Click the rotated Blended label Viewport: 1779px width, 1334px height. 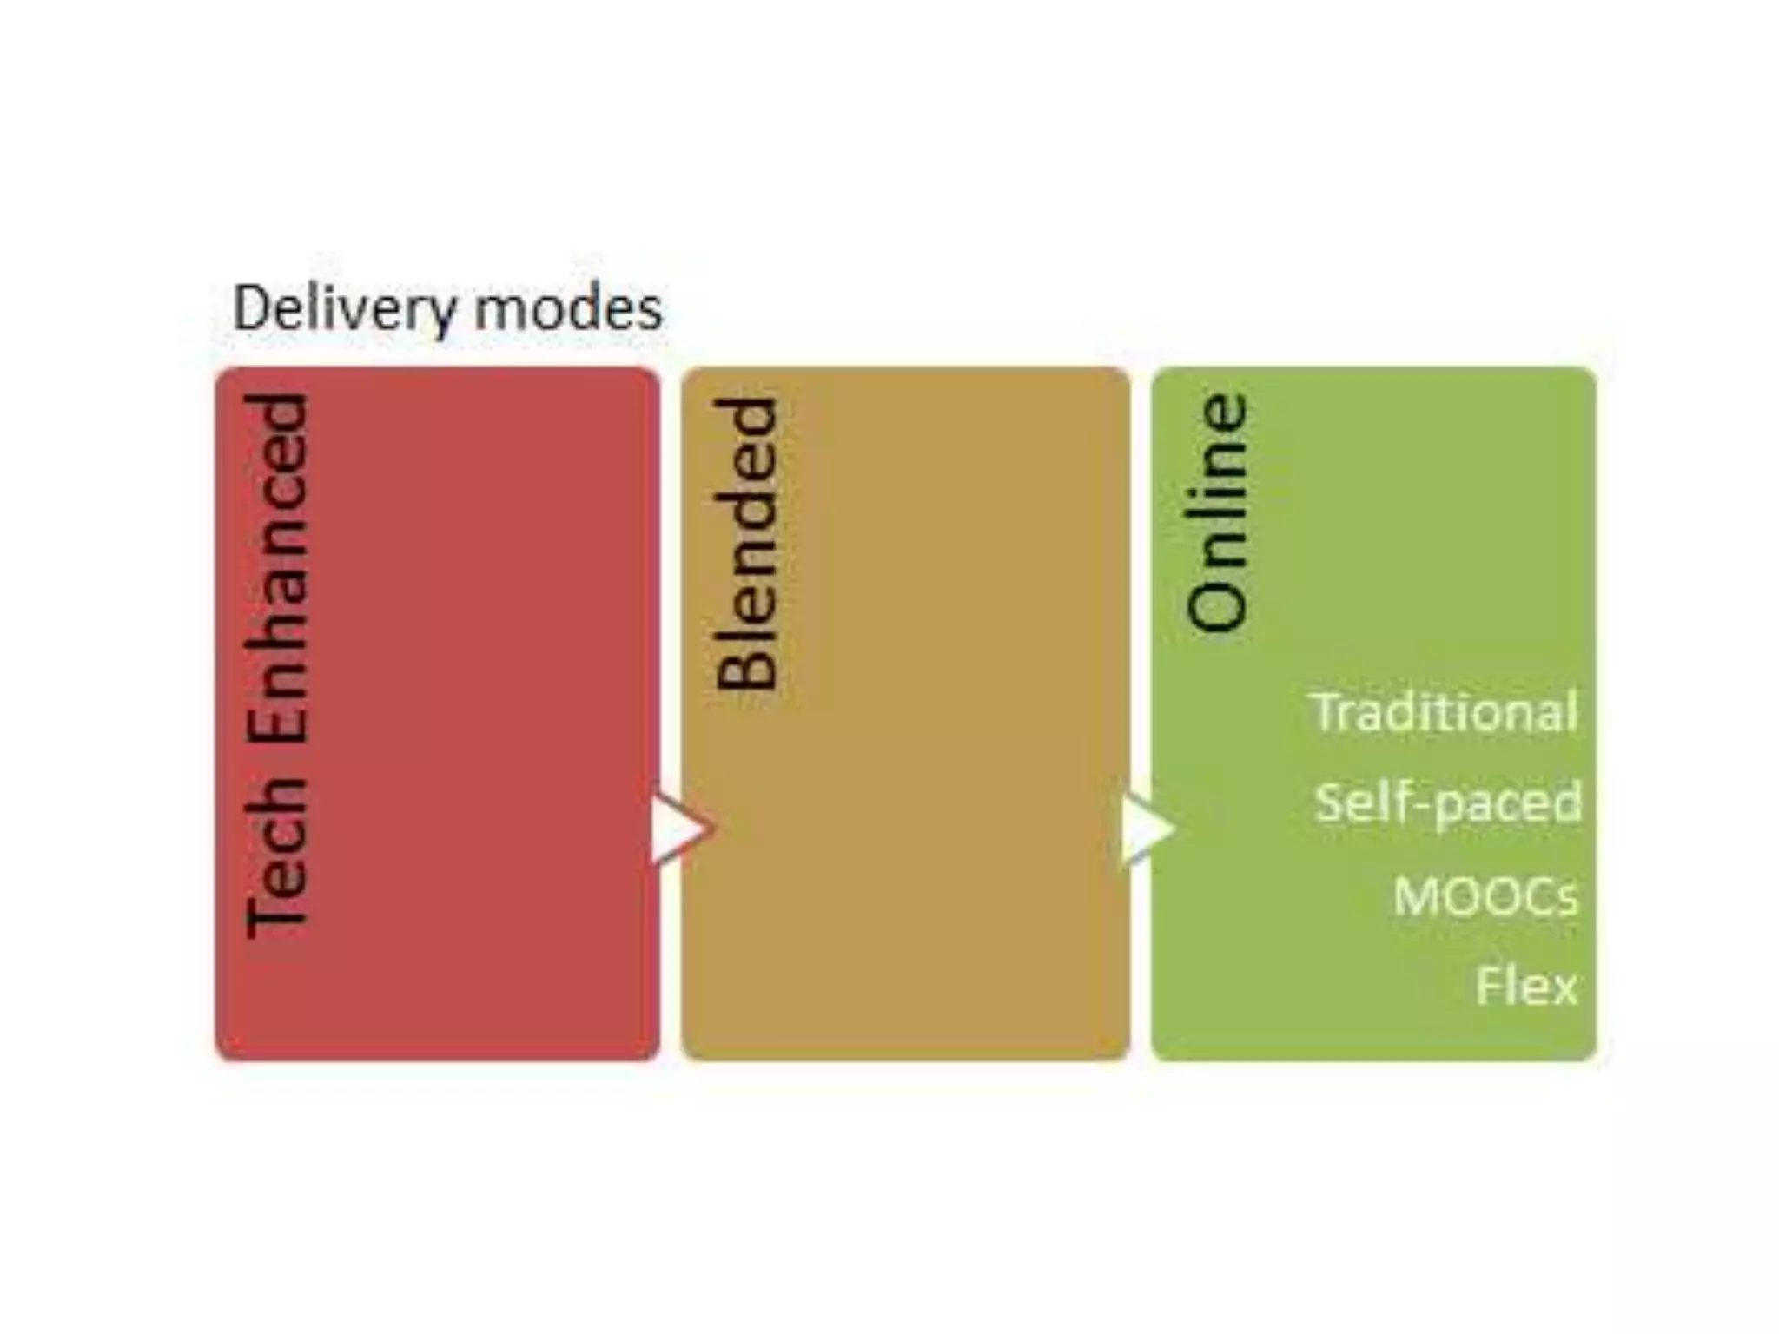tap(745, 544)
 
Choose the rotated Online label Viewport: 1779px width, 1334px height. tap(1217, 512)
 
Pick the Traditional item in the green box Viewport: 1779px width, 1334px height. tap(1443, 712)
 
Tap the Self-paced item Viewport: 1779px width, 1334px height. tap(1447, 802)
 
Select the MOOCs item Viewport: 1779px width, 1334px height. tap(1485, 895)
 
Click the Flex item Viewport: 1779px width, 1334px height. tap(1526, 986)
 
